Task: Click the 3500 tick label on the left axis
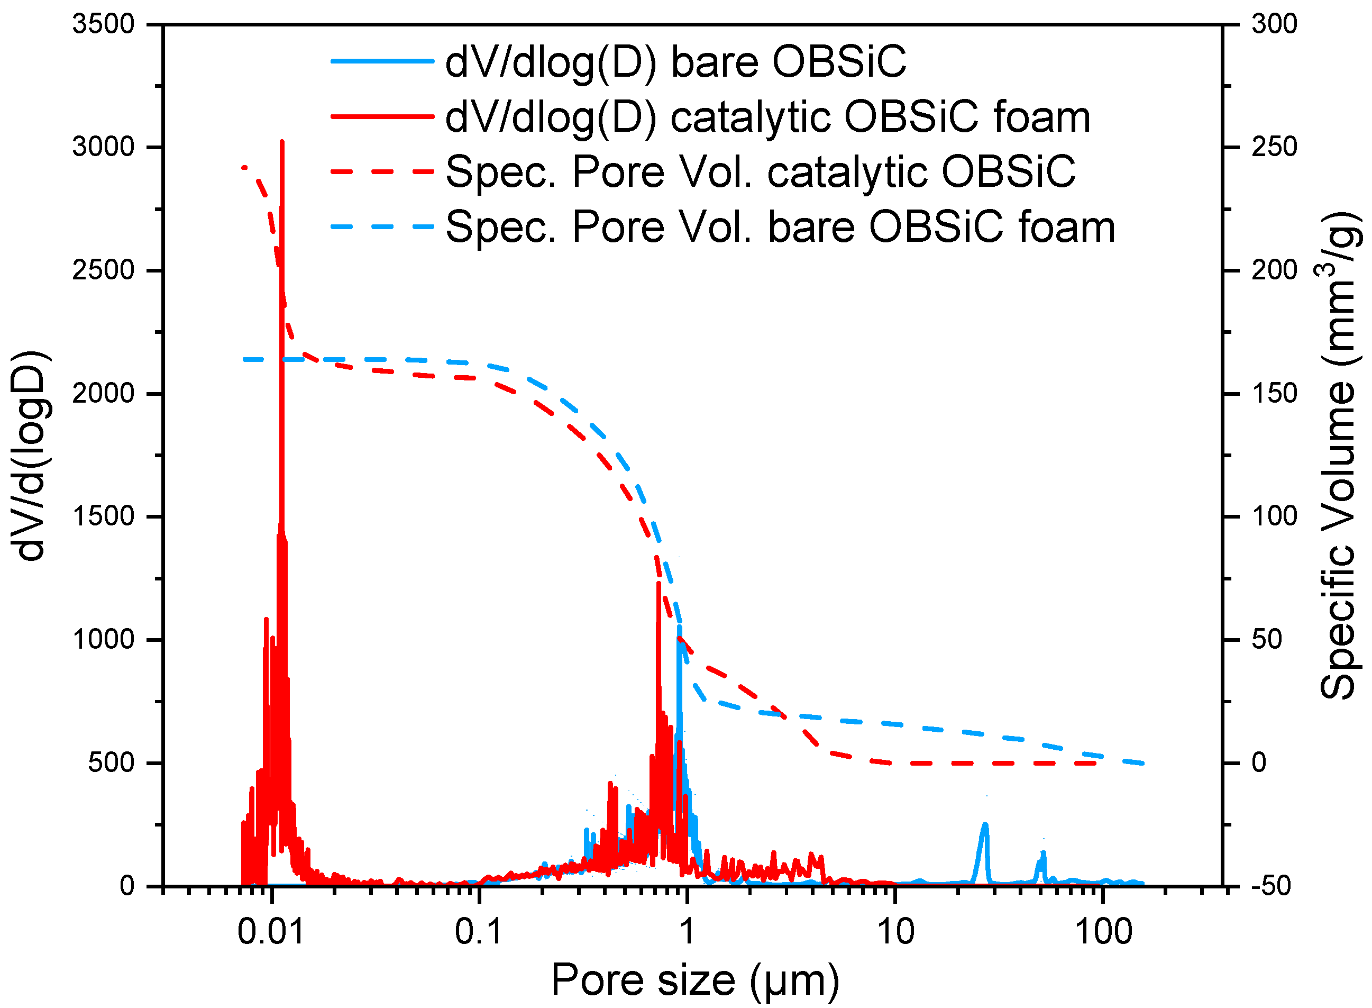[103, 24]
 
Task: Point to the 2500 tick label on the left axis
[103, 270]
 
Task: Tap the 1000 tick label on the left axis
[103, 639]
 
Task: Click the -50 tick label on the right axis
[1271, 886]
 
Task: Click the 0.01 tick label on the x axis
[270, 932]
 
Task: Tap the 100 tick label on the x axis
[1102, 932]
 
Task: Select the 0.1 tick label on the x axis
[479, 932]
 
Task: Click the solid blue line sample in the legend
[382, 61]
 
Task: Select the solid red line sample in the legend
[382, 116]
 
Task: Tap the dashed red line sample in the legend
[382, 171]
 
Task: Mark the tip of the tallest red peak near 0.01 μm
[282, 142]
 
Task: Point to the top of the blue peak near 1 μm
[679, 627]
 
